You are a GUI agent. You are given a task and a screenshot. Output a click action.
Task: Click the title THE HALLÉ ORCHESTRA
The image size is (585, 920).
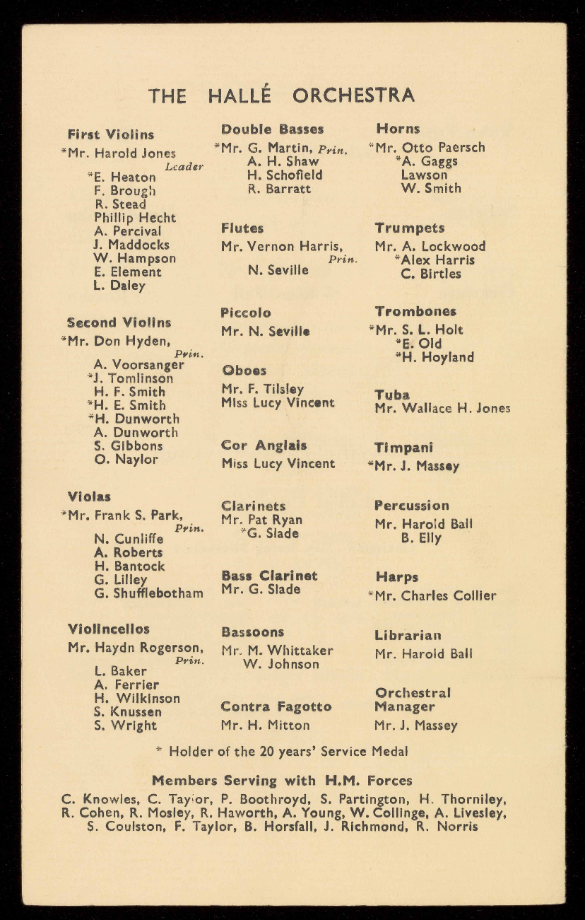pos(281,95)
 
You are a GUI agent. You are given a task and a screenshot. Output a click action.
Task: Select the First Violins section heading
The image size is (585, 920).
pos(111,134)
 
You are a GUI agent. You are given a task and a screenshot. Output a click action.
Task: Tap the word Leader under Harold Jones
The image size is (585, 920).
pos(184,167)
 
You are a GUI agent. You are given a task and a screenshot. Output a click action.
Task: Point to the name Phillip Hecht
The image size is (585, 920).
pos(135,218)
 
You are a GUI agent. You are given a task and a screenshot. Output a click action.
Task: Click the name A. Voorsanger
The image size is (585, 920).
pos(138,365)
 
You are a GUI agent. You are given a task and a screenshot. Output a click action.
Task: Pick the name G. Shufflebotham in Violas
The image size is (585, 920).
pos(148,593)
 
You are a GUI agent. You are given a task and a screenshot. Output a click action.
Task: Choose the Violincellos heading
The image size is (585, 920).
pos(109,629)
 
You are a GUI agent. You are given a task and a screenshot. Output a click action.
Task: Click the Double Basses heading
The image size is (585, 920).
pos(273,129)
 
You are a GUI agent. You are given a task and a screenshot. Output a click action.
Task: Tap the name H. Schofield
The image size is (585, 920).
pos(285,175)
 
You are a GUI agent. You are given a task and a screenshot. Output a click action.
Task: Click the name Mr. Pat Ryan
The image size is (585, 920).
pos(262,520)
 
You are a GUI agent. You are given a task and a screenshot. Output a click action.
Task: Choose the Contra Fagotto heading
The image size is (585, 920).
pos(276,706)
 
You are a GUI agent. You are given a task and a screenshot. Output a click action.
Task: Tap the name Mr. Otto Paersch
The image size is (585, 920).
pos(430,148)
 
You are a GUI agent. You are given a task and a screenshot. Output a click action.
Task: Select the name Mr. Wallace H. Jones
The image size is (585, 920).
pos(442,408)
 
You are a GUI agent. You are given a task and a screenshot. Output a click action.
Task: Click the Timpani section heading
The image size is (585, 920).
pos(404,448)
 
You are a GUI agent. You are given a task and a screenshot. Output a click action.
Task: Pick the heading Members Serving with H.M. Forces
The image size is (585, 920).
pos(282,781)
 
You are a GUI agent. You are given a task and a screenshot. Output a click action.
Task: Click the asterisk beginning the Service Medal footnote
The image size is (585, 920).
pos(158,750)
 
